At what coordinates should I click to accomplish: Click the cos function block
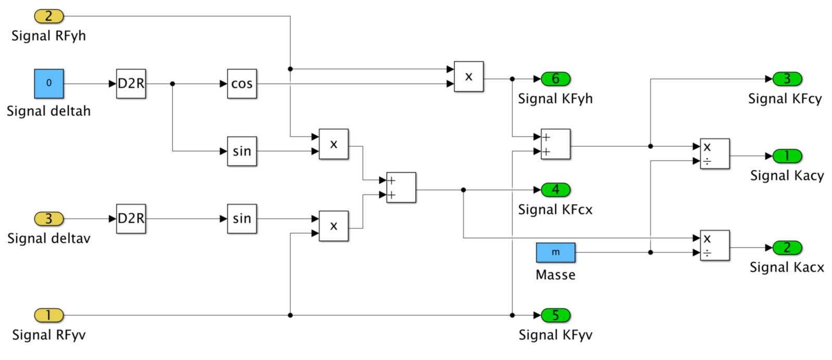[x=242, y=84]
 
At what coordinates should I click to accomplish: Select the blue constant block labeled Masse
[x=555, y=252]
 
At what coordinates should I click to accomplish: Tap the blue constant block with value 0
[x=49, y=83]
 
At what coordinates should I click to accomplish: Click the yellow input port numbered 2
[x=49, y=16]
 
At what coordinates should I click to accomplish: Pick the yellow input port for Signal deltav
[x=49, y=218]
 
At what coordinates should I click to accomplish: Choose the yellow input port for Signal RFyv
[x=49, y=315]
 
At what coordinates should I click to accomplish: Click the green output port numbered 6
[x=556, y=79]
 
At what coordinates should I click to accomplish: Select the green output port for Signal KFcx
[x=556, y=190]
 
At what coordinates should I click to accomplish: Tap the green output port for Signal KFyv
[x=556, y=315]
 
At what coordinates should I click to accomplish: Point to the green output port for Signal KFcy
[x=787, y=79]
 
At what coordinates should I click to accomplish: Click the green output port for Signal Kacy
[x=787, y=156]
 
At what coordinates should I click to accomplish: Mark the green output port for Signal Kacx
[x=787, y=248]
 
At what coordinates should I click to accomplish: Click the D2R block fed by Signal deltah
[x=131, y=84]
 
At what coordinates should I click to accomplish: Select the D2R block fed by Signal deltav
[x=131, y=218]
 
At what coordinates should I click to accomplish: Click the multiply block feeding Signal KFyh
[x=468, y=76]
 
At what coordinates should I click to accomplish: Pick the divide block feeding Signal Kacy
[x=714, y=153]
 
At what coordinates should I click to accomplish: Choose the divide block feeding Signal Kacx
[x=714, y=245]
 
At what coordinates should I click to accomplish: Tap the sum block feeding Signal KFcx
[x=401, y=187]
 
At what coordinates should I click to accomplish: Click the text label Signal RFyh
[x=48, y=36]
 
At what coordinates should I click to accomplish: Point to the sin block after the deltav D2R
[x=242, y=218]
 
